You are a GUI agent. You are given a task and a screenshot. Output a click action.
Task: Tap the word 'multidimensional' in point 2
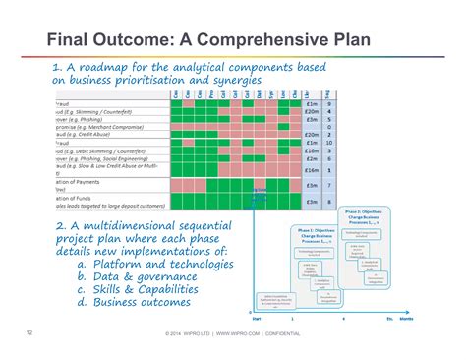(131, 226)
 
